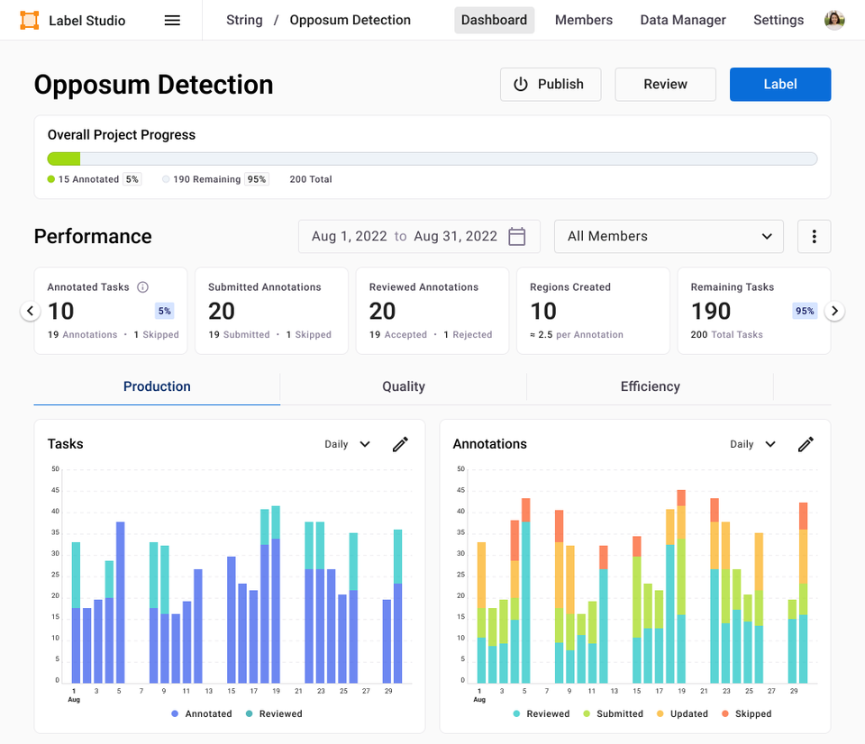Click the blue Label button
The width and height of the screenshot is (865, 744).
[779, 84]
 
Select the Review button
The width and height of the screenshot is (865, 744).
[665, 84]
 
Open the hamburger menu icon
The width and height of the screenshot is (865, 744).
[172, 20]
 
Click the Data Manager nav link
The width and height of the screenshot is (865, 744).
[682, 20]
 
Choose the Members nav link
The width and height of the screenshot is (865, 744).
[583, 20]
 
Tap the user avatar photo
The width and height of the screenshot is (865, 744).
[834, 20]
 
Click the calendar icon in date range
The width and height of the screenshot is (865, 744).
[517, 236]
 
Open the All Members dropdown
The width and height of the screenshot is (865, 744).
[669, 236]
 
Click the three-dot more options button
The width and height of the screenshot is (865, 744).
[814, 236]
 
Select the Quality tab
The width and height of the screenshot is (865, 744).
[403, 386]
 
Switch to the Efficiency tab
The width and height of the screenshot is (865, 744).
[650, 386]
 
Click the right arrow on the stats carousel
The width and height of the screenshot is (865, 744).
[835, 311]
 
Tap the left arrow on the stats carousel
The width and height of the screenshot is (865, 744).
[31, 311]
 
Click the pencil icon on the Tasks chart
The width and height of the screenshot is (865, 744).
[400, 444]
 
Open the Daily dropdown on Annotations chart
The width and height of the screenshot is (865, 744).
[752, 444]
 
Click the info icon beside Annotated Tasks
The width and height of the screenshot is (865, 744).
[142, 287]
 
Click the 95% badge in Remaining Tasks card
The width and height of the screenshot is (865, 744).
[805, 311]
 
